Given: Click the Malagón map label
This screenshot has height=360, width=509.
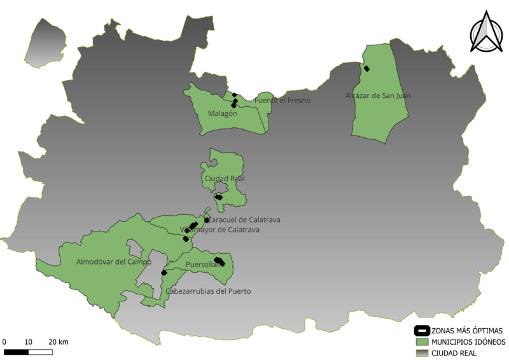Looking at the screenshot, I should pos(223,114).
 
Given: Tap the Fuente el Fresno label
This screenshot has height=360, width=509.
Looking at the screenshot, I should pos(282,100).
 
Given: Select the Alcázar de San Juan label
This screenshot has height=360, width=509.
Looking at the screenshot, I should pos(378,96).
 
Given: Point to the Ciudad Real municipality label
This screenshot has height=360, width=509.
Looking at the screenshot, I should pos(225,179).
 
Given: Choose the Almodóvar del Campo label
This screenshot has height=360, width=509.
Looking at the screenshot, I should pos(114,261).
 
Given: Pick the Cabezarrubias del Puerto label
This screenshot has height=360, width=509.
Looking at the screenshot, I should pos(208,291).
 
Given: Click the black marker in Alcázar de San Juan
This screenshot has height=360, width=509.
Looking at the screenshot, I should pos(366,69).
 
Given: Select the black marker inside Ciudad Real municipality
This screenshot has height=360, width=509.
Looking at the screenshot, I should pos(219,197).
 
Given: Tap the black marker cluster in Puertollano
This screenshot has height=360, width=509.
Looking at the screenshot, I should pos(218,261).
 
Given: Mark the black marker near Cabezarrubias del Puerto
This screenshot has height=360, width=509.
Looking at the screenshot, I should pos(164,272).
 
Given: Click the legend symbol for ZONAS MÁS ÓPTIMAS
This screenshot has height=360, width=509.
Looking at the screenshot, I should pos(421,331).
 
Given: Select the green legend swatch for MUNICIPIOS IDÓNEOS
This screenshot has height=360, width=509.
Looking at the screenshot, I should pos(421,342).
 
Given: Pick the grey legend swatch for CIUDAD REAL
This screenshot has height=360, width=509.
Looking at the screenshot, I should pos(421,352).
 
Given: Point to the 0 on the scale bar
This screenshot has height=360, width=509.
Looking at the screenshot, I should pos(4,342).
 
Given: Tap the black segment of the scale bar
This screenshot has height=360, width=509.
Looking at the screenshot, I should pos(17,352).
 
